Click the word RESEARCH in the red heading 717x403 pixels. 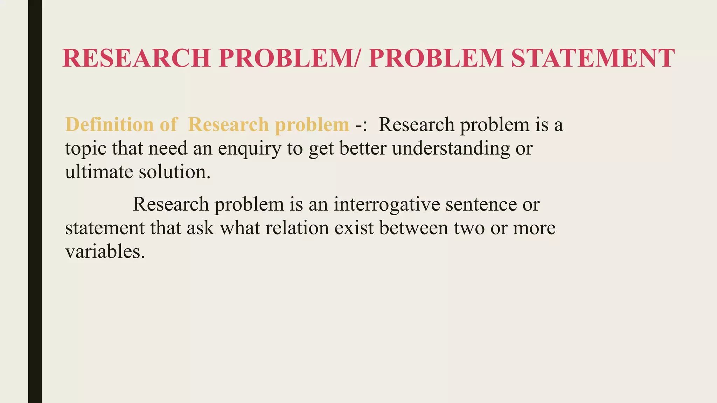coord(137,58)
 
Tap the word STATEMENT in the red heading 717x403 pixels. coord(592,58)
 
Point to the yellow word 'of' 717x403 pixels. coord(169,125)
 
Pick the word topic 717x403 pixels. coord(85,148)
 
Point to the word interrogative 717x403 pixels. coord(387,204)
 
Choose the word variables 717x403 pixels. coord(105,251)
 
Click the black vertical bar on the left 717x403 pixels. coord(35,201)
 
